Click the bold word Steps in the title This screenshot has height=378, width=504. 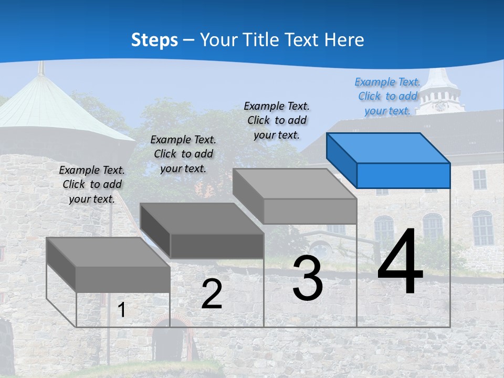tap(154, 40)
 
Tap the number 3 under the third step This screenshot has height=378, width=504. tap(308, 278)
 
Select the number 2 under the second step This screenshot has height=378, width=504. tap(212, 294)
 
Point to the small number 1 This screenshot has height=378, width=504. tap(122, 310)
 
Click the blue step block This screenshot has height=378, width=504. tap(388, 160)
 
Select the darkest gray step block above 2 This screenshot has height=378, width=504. tap(202, 230)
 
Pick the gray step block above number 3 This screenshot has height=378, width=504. tap(295, 195)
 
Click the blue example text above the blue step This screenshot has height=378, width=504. tap(387, 96)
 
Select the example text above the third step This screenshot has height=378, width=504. tap(277, 120)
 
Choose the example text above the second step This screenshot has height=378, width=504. tap(183, 154)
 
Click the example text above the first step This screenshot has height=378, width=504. tap(92, 184)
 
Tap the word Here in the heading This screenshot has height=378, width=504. tap(344, 40)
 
